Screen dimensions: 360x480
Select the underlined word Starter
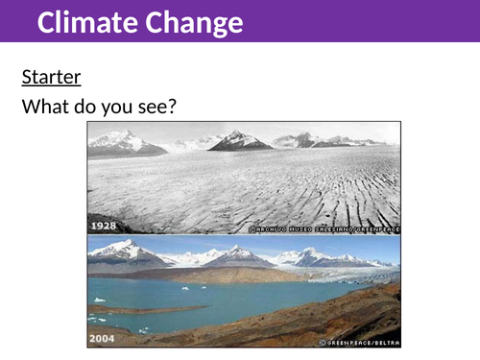[x=51, y=76]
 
